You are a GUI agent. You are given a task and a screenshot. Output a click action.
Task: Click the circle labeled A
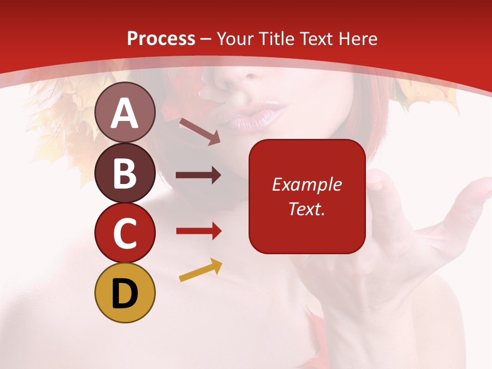(125, 113)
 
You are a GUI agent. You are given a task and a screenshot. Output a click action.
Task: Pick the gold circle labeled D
(125, 293)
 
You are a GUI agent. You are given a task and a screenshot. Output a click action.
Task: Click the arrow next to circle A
(199, 131)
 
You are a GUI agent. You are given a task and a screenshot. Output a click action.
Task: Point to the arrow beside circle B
(198, 175)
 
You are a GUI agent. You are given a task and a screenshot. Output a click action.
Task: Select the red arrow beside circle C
(198, 231)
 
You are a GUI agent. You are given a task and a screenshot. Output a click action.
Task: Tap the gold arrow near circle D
(200, 271)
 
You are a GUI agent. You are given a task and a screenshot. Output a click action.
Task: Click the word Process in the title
(161, 38)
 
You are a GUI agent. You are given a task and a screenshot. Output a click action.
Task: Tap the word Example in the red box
(306, 184)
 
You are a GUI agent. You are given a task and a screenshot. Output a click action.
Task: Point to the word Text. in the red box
(306, 209)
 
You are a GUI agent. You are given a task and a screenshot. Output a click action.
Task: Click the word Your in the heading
(235, 38)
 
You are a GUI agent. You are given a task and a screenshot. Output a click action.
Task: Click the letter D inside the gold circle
(125, 294)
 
